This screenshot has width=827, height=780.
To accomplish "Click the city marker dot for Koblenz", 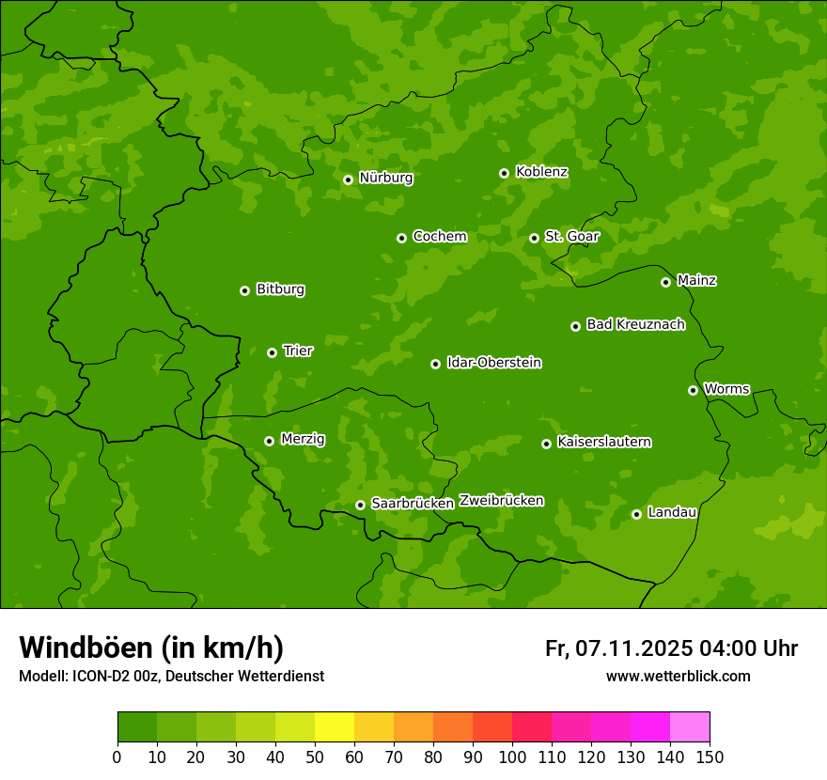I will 505,173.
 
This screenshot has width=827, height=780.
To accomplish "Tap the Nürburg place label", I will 385,178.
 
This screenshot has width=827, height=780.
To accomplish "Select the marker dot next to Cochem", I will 401,238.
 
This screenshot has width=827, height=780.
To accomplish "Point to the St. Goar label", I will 571,236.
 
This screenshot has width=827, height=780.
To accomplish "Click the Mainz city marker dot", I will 665,282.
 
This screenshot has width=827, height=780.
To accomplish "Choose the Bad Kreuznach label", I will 635,324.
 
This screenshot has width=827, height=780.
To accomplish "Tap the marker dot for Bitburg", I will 244,290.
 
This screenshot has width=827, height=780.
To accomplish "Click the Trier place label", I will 298,351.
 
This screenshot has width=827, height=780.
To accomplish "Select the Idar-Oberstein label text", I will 493,362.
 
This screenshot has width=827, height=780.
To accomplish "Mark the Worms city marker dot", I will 693,390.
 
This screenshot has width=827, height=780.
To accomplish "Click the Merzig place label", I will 303,439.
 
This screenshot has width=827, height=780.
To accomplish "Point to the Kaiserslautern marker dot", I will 546,444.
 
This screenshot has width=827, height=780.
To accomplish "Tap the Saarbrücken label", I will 413,503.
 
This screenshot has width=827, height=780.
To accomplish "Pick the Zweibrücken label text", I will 501,500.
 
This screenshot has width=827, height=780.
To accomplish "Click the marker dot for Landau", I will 636,514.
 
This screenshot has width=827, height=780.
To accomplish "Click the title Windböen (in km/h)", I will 151,647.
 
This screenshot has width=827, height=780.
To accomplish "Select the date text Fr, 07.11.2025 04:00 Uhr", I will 671,648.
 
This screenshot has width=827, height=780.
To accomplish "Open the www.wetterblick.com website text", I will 679,676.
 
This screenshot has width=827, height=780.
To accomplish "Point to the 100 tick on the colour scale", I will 512,757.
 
